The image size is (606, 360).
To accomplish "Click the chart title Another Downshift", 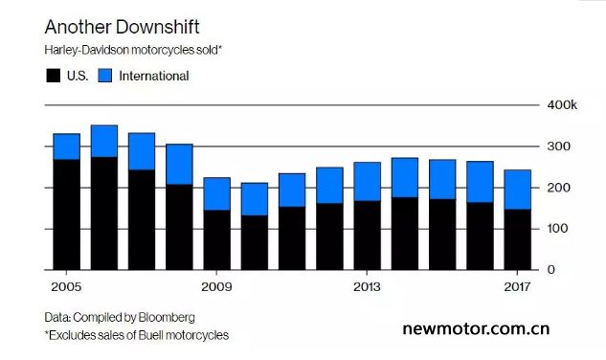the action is pos(123,27).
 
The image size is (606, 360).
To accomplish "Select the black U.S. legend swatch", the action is pos(54,76).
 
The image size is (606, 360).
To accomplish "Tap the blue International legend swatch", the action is pos(104,76).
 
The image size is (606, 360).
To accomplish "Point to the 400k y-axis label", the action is pos(562,104).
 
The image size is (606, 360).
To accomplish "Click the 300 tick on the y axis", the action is pos(558,146).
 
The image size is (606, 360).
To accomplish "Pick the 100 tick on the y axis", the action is pos(557,229).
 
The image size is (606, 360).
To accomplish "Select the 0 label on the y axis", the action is pos(551,269).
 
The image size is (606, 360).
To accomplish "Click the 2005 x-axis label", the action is pos(66,287).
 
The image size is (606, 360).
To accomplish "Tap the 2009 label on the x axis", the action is pos(216,287).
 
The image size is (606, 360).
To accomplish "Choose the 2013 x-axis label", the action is pos(368,287).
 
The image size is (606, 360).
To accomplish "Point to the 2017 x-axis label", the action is pos(518,287).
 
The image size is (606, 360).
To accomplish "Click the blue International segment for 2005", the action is pos(66,146).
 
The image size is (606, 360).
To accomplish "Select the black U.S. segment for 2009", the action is pos(216,240).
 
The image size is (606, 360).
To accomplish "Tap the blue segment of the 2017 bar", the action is pos(518,190).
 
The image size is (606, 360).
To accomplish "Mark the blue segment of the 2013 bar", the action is pos(368,182).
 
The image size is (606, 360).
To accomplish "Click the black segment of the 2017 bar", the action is pos(518,239).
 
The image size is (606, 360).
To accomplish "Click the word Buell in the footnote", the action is pos(148,335).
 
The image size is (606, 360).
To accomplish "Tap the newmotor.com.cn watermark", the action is pos(476,328).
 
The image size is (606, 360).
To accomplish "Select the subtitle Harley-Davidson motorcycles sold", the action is pos(133,51).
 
